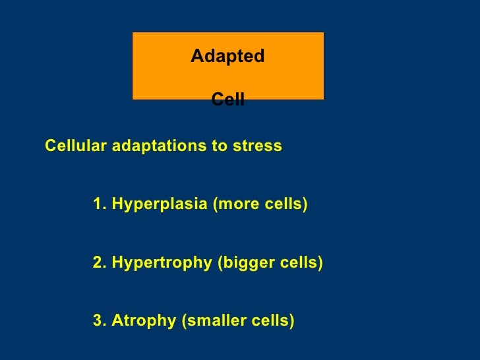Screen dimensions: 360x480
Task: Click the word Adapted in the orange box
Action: pyautogui.click(x=227, y=57)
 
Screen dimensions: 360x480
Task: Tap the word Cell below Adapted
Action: pyautogui.click(x=227, y=100)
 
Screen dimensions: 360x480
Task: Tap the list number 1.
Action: pyautogui.click(x=98, y=205)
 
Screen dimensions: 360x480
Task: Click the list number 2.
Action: pyautogui.click(x=98, y=264)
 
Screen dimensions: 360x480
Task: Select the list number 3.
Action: pyautogui.click(x=98, y=321)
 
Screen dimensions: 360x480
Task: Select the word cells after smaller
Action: pyautogui.click(x=271, y=321)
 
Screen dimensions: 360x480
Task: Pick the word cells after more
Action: pyautogui.click(x=283, y=205)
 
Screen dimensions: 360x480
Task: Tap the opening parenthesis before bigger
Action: pyautogui.click(x=220, y=264)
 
